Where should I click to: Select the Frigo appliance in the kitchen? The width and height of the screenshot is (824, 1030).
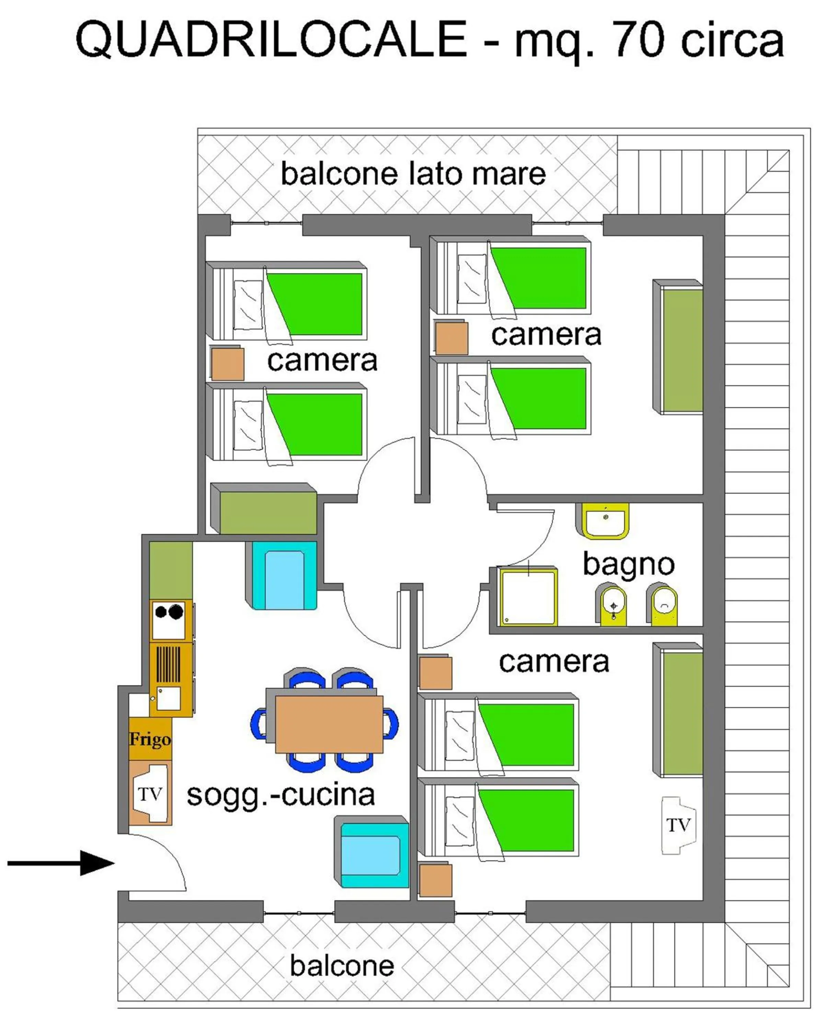pyautogui.click(x=150, y=739)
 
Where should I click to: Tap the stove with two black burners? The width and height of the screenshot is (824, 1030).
pyautogui.click(x=169, y=620)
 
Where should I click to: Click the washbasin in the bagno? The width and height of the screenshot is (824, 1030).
pyautogui.click(x=605, y=521)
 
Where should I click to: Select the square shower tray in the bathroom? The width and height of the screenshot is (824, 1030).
pyautogui.click(x=528, y=597)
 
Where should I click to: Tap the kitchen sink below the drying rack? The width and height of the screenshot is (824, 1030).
pyautogui.click(x=168, y=699)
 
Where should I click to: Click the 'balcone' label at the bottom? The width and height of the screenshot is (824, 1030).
pyautogui.click(x=342, y=966)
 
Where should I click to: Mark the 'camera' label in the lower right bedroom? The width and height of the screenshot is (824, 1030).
pyautogui.click(x=554, y=662)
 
